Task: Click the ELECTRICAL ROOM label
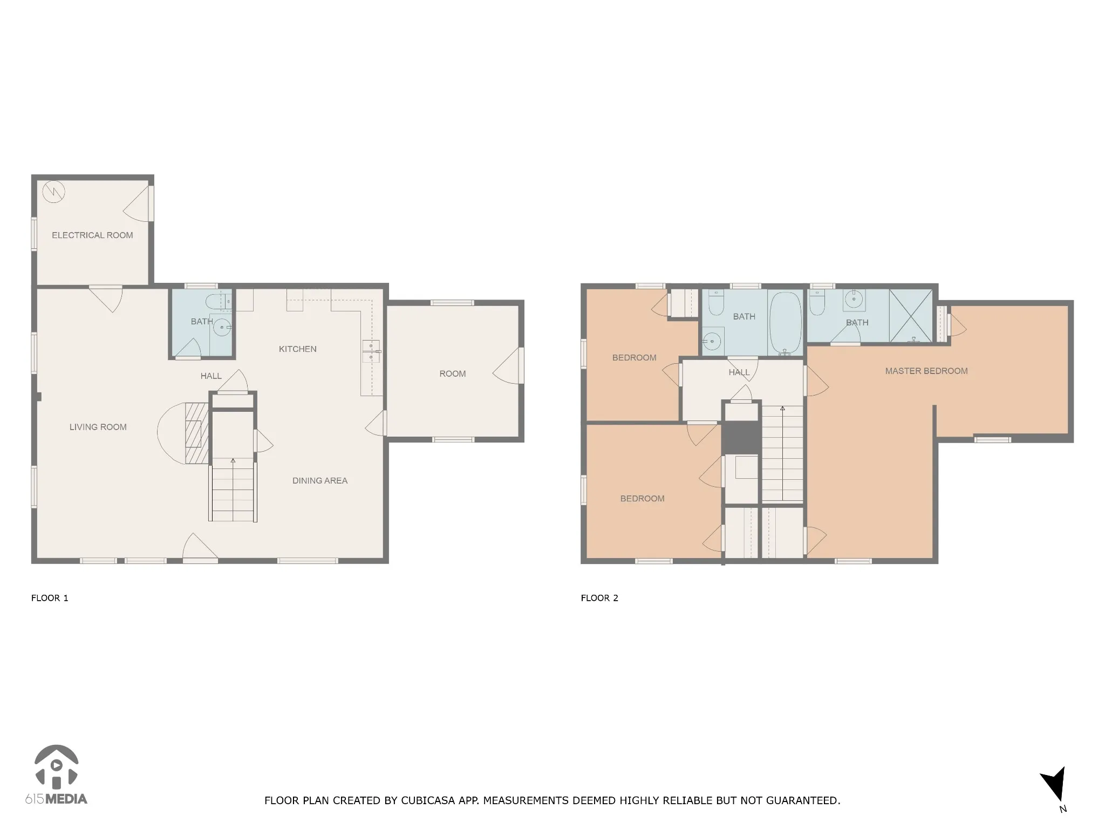[92, 235]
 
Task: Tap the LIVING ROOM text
[98, 427]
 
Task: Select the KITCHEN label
[298, 349]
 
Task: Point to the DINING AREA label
[320, 481]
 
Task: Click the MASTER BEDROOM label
[926, 371]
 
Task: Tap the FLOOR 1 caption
[50, 598]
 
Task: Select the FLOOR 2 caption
[599, 598]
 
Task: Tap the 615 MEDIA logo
[56, 776]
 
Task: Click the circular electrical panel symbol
[54, 192]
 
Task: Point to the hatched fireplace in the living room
[196, 433]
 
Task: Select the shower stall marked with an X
[910, 316]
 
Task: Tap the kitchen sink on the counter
[371, 351]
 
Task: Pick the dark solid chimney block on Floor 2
[741, 438]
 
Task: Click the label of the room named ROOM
[453, 374]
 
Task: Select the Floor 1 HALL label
[211, 376]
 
